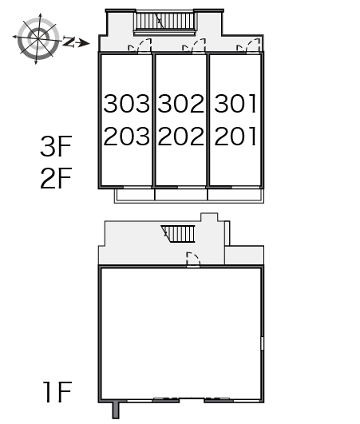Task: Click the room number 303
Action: click(x=126, y=103)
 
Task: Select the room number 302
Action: click(x=181, y=103)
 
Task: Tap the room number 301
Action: click(x=235, y=103)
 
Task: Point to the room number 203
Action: click(x=126, y=136)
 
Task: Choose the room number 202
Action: click(x=181, y=136)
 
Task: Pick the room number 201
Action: click(x=235, y=136)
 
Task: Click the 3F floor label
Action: click(x=56, y=146)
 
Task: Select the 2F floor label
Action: click(x=56, y=178)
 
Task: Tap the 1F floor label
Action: click(x=57, y=391)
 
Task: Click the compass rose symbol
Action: click(x=38, y=38)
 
